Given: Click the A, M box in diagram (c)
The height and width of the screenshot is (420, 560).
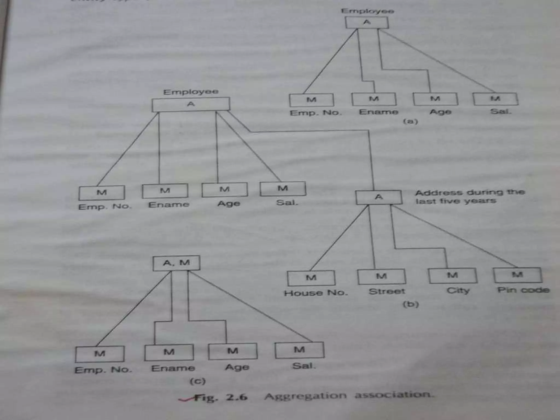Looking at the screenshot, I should pyautogui.click(x=176, y=263).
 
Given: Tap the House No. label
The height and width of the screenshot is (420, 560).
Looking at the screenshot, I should pyautogui.click(x=316, y=293).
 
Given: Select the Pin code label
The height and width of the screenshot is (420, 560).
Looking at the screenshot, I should pyautogui.click(x=523, y=290).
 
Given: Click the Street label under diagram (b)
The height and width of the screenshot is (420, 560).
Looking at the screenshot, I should pyautogui.click(x=387, y=291).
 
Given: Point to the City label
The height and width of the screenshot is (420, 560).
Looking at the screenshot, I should pyautogui.click(x=458, y=290).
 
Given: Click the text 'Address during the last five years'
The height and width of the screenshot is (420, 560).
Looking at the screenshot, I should pyautogui.click(x=469, y=197).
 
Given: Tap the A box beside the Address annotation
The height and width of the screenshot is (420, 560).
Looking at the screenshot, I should pyautogui.click(x=379, y=197).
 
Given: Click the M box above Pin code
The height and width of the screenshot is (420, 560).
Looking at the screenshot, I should pyautogui.click(x=517, y=275).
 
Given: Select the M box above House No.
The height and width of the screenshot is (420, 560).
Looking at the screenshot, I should pyautogui.click(x=311, y=278).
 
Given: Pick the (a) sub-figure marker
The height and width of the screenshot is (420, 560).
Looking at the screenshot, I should pyautogui.click(x=410, y=121).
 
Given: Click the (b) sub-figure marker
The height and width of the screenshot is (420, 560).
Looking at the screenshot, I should pyautogui.click(x=411, y=304).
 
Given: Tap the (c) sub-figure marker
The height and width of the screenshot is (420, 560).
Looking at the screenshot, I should pyautogui.click(x=197, y=381).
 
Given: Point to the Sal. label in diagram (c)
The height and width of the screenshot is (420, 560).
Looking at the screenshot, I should pyautogui.click(x=304, y=366).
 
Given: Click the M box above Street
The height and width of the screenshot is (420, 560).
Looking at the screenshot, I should pyautogui.click(x=381, y=276).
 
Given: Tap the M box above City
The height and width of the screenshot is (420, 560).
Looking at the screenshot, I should pyautogui.click(x=452, y=275).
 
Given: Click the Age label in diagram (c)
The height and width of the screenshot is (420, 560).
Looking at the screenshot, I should pyautogui.click(x=237, y=367).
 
